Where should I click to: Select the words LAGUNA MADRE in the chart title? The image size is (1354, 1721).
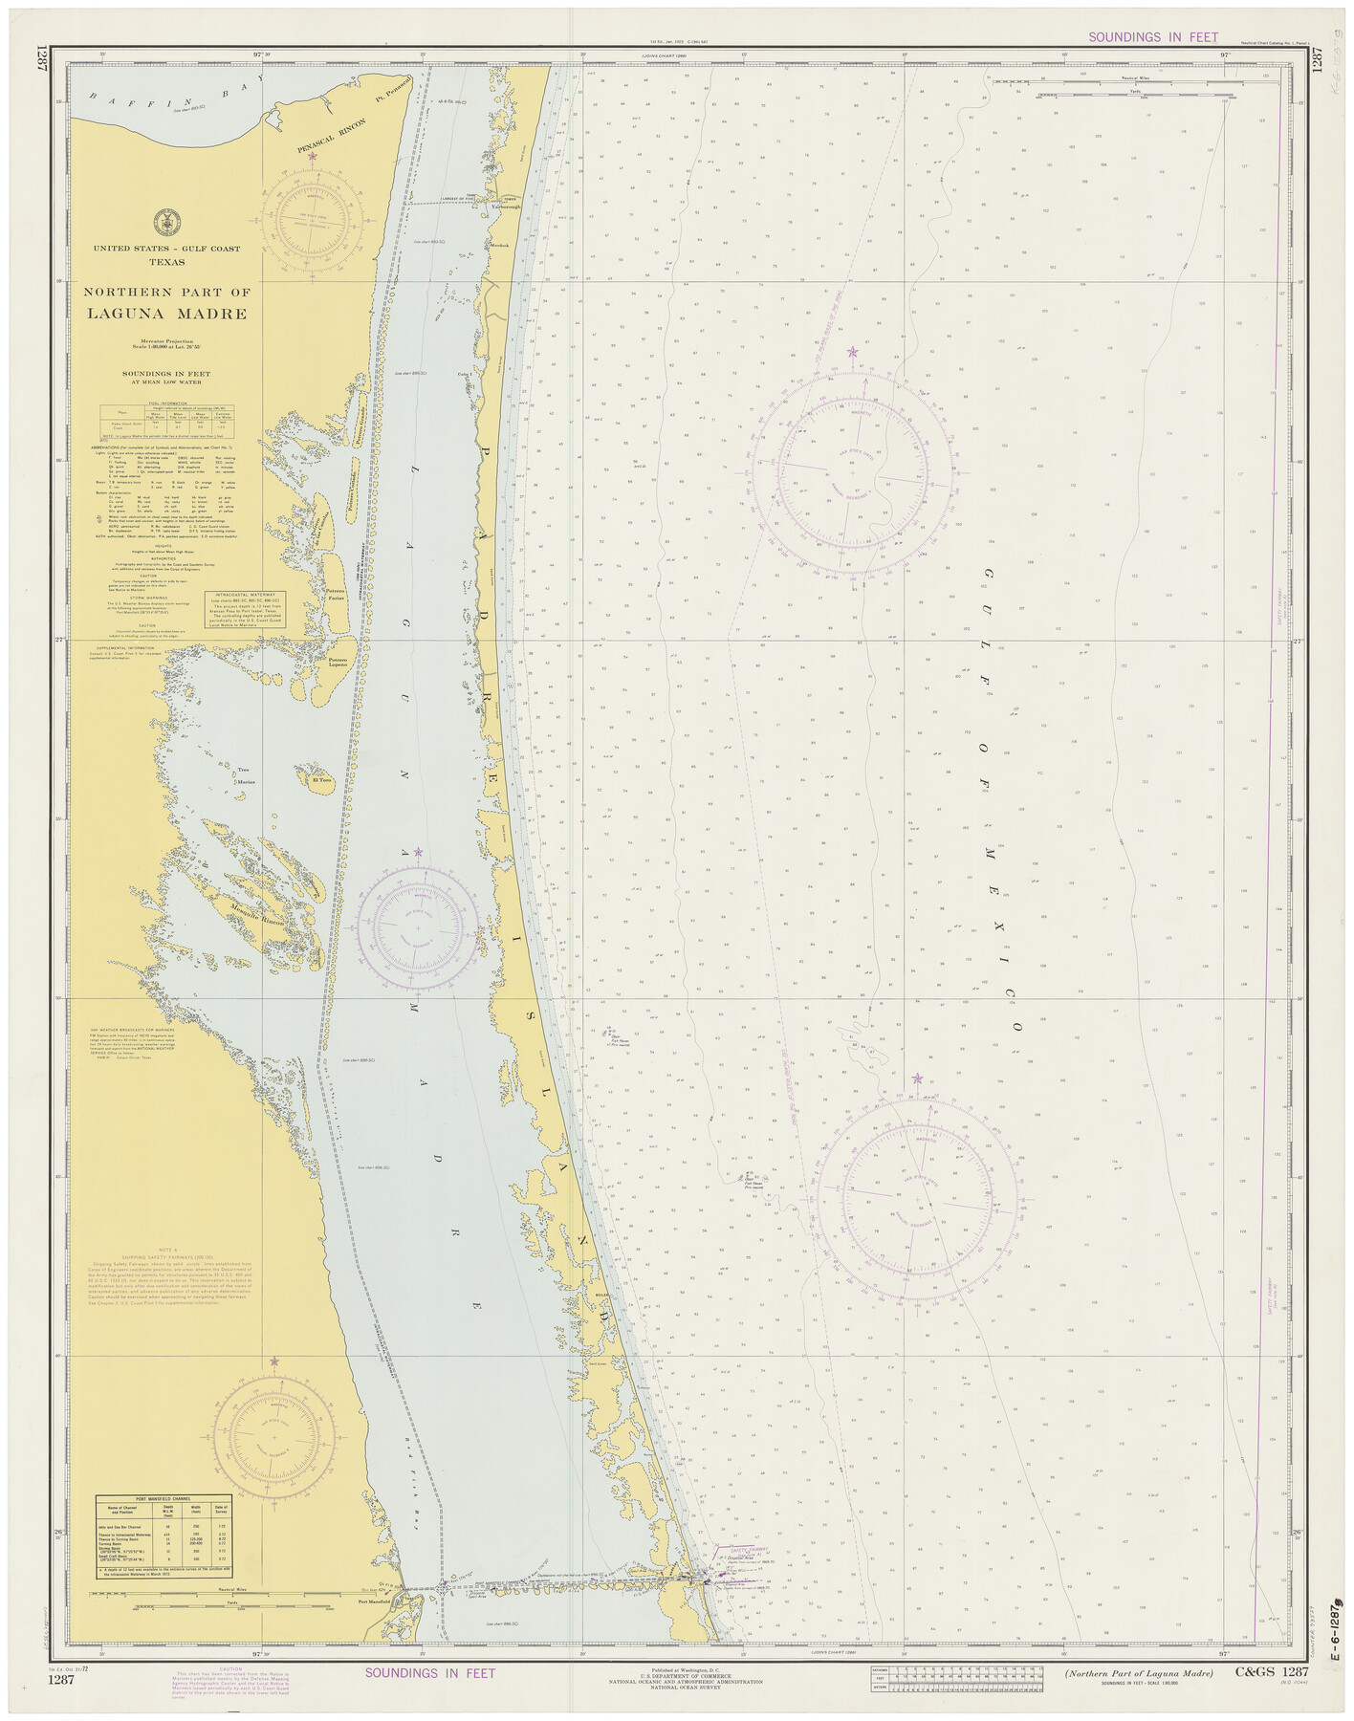tap(167, 314)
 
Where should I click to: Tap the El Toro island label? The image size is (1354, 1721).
tap(318, 780)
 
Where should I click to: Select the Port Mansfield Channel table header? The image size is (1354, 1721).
tap(163, 1499)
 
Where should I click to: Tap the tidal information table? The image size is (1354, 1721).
tap(167, 423)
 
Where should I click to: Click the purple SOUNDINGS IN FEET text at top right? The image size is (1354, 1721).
tap(1153, 37)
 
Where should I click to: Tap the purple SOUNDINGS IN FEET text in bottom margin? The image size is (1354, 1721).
tap(430, 1672)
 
